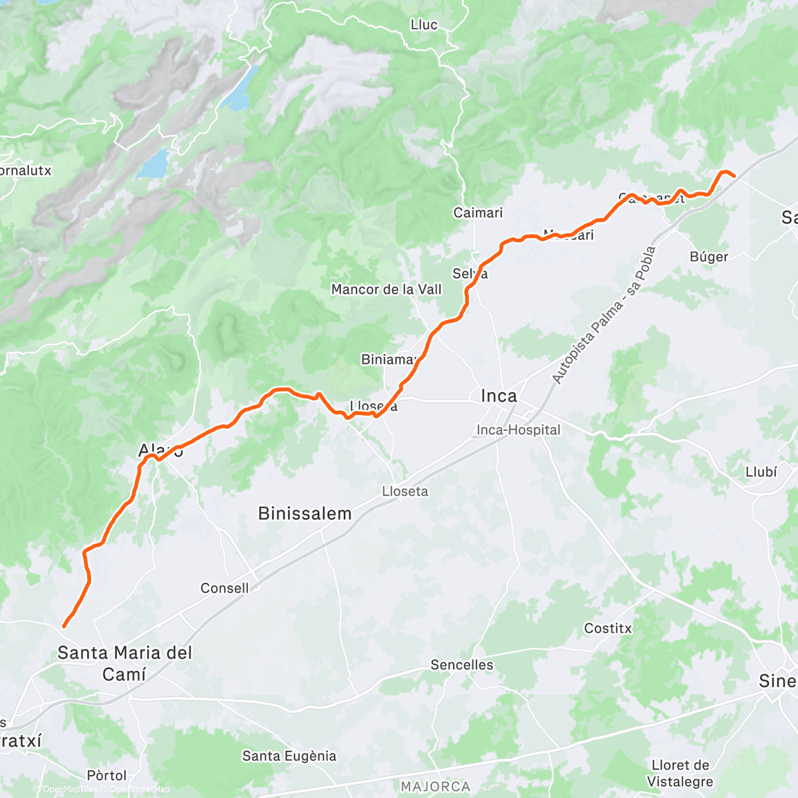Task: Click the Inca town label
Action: click(x=499, y=396)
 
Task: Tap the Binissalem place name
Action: click(x=305, y=513)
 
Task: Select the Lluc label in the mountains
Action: click(x=424, y=25)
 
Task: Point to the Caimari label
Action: click(x=478, y=213)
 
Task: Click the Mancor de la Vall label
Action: click(x=386, y=289)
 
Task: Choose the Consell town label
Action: click(x=225, y=588)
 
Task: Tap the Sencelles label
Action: click(x=462, y=665)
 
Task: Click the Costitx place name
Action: click(x=608, y=628)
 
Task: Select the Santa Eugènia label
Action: click(x=289, y=756)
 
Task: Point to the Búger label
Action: click(x=709, y=257)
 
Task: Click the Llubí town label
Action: click(x=761, y=472)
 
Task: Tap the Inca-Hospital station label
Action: click(x=519, y=430)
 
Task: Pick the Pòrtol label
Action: click(x=107, y=775)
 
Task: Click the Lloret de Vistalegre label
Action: click(x=680, y=773)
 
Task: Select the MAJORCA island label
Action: click(x=436, y=787)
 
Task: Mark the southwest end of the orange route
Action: click(x=64, y=626)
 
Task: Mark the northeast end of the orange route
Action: click(x=733, y=176)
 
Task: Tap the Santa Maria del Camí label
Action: click(x=124, y=663)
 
